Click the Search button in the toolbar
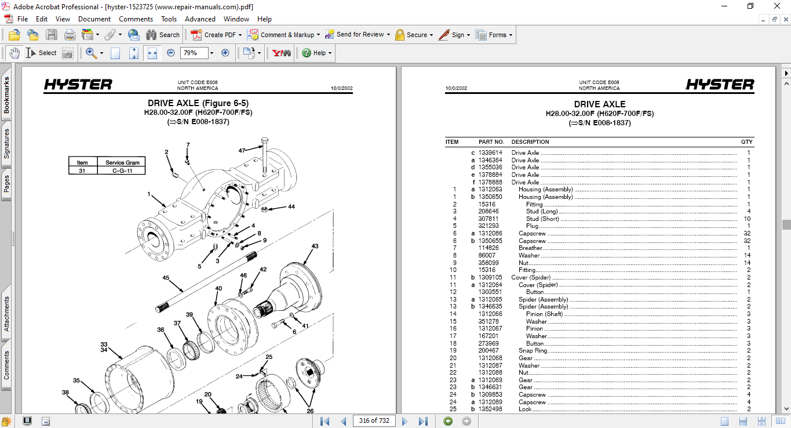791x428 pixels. pos(163,35)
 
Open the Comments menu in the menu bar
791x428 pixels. pos(136,19)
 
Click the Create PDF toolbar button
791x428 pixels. pos(214,35)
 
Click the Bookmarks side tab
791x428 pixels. pos(7,96)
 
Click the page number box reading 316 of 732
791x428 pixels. pos(374,420)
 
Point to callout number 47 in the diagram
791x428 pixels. pos(242,151)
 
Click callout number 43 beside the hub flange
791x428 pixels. pos(315,246)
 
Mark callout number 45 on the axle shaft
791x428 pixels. pos(166,278)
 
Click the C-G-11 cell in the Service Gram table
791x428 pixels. pos(122,171)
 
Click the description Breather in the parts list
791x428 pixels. pos(530,248)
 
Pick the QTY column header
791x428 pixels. pos(746,142)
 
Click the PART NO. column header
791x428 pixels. pos(491,142)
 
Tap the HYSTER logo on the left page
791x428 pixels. pos(78,85)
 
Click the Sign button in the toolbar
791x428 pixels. pos(454,35)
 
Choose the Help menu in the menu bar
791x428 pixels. pos(264,19)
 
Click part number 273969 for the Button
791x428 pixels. pos(488,343)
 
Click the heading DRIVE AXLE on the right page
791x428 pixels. pos(599,104)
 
